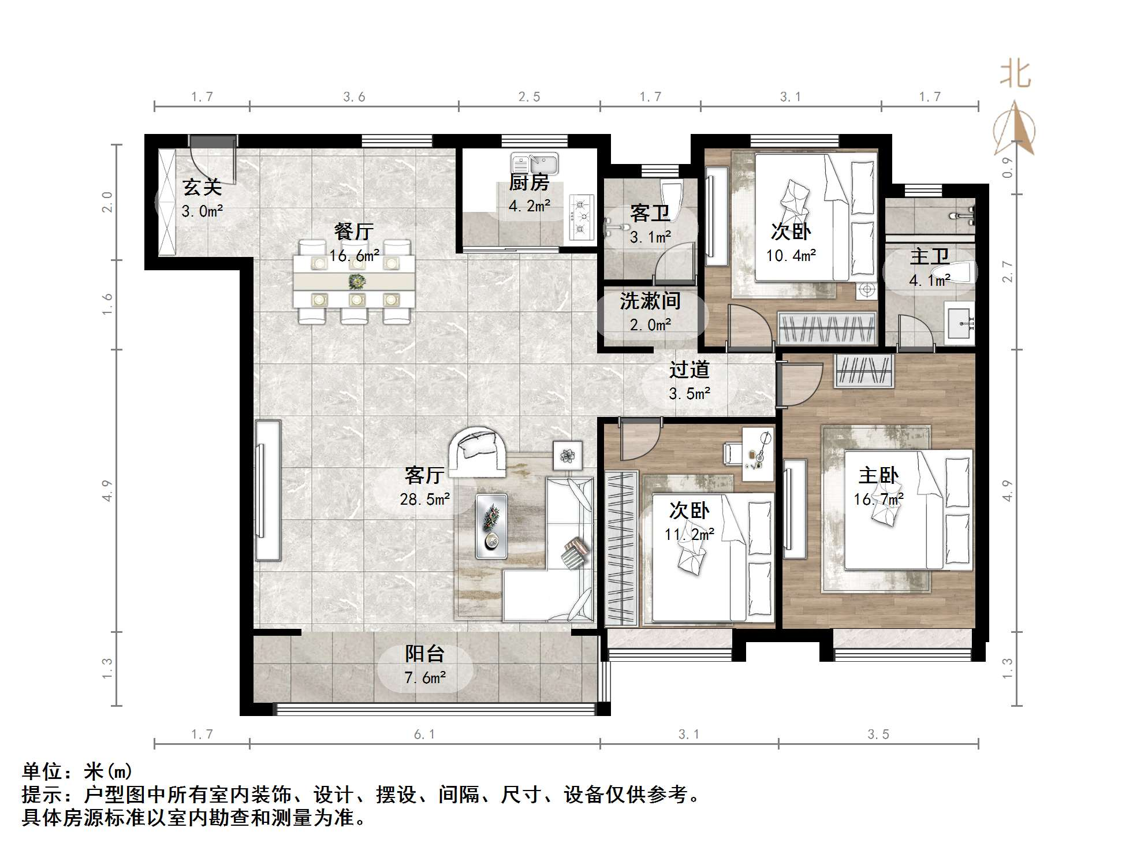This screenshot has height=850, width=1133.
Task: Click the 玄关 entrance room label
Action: coord(202,187)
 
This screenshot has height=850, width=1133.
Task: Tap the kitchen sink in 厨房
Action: coord(534,163)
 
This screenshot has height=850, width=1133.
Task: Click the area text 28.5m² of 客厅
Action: coord(424,499)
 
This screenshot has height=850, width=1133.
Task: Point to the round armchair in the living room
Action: coord(478,452)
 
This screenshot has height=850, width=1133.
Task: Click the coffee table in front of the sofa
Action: coord(491,526)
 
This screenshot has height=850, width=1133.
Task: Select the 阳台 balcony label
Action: coord(424,654)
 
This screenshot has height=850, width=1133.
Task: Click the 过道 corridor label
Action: coord(689,370)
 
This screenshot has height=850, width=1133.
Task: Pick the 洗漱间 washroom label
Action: coord(650,301)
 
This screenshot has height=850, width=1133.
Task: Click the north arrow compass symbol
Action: coord(1014,131)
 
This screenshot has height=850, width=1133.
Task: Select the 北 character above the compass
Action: coord(1015,75)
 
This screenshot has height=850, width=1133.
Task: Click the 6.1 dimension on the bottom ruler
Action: coord(424,734)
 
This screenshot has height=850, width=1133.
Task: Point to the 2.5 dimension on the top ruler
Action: coord(529,97)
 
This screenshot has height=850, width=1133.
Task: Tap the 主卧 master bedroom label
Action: coord(878,476)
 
